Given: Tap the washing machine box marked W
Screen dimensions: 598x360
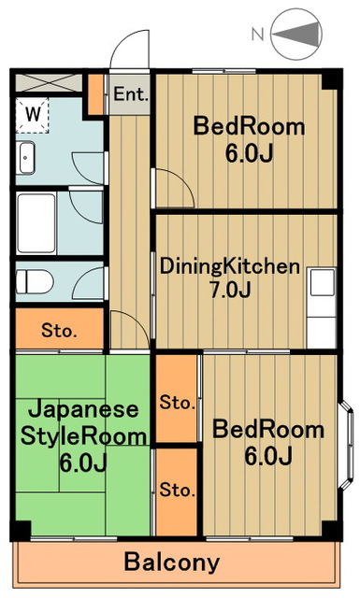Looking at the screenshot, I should click(x=34, y=115).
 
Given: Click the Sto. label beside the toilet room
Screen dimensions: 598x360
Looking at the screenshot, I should click(x=59, y=330).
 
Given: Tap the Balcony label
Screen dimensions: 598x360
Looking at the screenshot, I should click(x=173, y=563).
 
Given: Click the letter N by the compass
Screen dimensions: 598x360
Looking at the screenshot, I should click(x=258, y=36).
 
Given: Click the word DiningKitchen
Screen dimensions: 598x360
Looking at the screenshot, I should click(x=229, y=266).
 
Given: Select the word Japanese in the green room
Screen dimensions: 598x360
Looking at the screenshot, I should click(x=82, y=409).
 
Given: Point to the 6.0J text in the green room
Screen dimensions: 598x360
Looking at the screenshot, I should click(x=83, y=463).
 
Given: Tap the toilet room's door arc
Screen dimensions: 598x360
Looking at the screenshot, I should click(x=92, y=280).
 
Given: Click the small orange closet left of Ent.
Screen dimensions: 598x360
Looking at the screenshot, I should click(x=95, y=93).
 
